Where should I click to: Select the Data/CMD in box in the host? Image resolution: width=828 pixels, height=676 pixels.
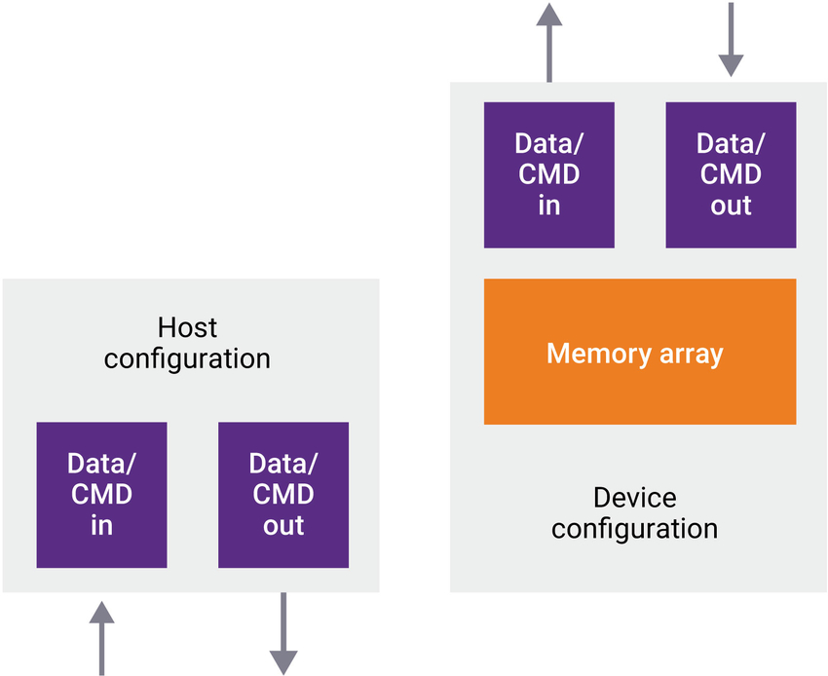coord(101,495)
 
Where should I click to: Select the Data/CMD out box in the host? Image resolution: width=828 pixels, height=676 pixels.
coord(283,495)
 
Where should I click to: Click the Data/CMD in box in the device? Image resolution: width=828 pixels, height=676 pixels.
coord(548,174)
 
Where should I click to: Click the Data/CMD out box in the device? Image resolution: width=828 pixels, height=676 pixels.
coord(731,174)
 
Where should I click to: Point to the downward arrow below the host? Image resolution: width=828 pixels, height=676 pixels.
coord(283,634)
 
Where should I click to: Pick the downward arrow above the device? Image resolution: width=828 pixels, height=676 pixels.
coord(731,39)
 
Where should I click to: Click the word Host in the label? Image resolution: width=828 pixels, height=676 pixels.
coord(187,327)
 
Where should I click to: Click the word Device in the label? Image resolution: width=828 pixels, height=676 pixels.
coord(634,498)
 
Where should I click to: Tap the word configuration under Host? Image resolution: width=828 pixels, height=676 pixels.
coord(187,358)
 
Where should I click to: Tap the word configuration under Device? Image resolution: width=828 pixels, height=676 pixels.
coord(634,529)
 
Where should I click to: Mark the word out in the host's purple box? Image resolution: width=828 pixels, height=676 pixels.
coord(283,526)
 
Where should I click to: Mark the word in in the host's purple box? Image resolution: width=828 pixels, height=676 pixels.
coord(101,526)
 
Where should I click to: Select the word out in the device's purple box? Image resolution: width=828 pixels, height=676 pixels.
coord(731,206)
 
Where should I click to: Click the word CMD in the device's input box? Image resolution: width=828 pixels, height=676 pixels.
coord(548,174)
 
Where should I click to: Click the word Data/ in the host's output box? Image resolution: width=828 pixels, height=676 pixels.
coord(283,463)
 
